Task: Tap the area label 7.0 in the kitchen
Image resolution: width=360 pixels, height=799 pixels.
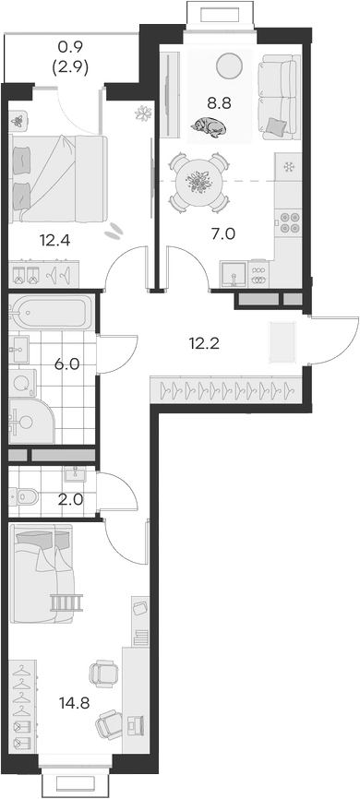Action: (x=222, y=233)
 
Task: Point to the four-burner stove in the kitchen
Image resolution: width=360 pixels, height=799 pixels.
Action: (x=290, y=221)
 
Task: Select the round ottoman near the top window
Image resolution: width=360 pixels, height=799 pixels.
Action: (x=227, y=65)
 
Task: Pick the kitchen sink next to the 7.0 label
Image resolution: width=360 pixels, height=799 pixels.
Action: (x=234, y=273)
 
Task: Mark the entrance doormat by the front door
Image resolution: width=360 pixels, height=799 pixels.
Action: (x=282, y=343)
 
